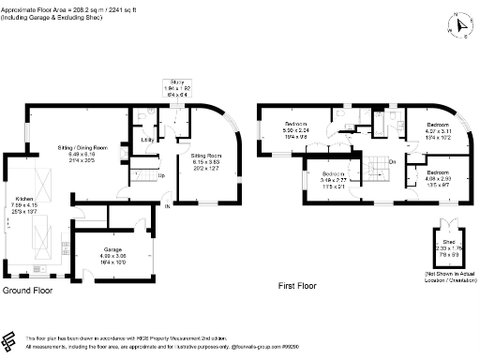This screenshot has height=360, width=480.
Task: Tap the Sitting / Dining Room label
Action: (x=90, y=147)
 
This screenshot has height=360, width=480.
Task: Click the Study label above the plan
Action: (x=177, y=82)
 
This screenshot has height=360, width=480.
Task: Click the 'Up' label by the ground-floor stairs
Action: (x=160, y=176)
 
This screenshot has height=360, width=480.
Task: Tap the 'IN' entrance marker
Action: (x=168, y=205)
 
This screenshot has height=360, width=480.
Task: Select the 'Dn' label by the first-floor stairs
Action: (x=392, y=162)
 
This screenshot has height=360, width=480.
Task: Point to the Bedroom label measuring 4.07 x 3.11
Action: (x=439, y=125)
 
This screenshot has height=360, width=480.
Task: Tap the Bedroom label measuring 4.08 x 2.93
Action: (x=439, y=173)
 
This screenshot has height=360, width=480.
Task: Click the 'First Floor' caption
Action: (x=298, y=292)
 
